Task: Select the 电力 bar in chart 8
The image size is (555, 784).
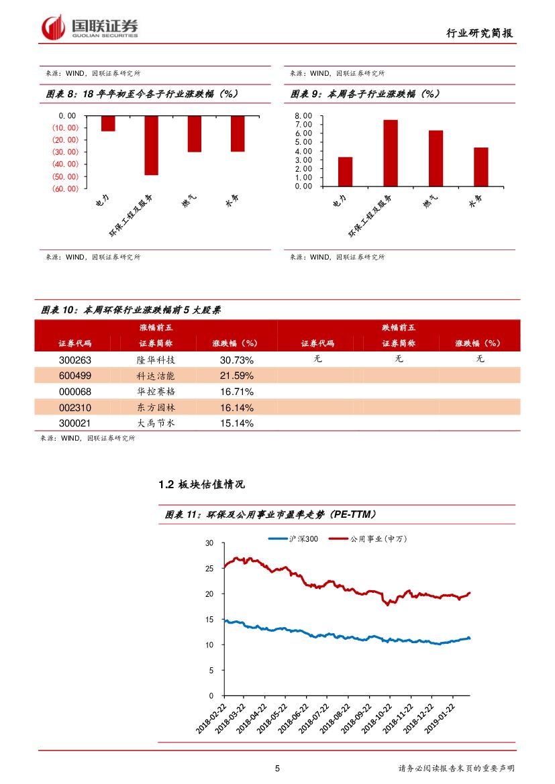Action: [x=108, y=123]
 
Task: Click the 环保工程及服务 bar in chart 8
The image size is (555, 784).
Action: [x=151, y=145]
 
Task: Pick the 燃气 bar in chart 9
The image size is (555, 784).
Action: [x=436, y=158]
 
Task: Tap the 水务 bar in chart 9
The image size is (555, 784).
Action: [x=481, y=167]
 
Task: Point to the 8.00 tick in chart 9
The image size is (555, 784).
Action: [x=304, y=116]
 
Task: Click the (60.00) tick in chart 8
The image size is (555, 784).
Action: [x=65, y=188]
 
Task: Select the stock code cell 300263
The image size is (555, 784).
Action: [x=75, y=359]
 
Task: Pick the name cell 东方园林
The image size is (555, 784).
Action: [x=156, y=408]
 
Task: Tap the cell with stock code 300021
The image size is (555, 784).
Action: [x=75, y=424]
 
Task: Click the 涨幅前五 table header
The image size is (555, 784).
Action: [x=156, y=328]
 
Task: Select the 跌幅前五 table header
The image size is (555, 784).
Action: [x=399, y=328]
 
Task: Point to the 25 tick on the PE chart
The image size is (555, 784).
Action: [x=209, y=568]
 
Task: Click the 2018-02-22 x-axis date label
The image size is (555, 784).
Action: [x=213, y=719]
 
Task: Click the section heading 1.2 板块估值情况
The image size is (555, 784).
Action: [x=201, y=484]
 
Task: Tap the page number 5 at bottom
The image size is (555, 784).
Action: [x=277, y=769]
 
